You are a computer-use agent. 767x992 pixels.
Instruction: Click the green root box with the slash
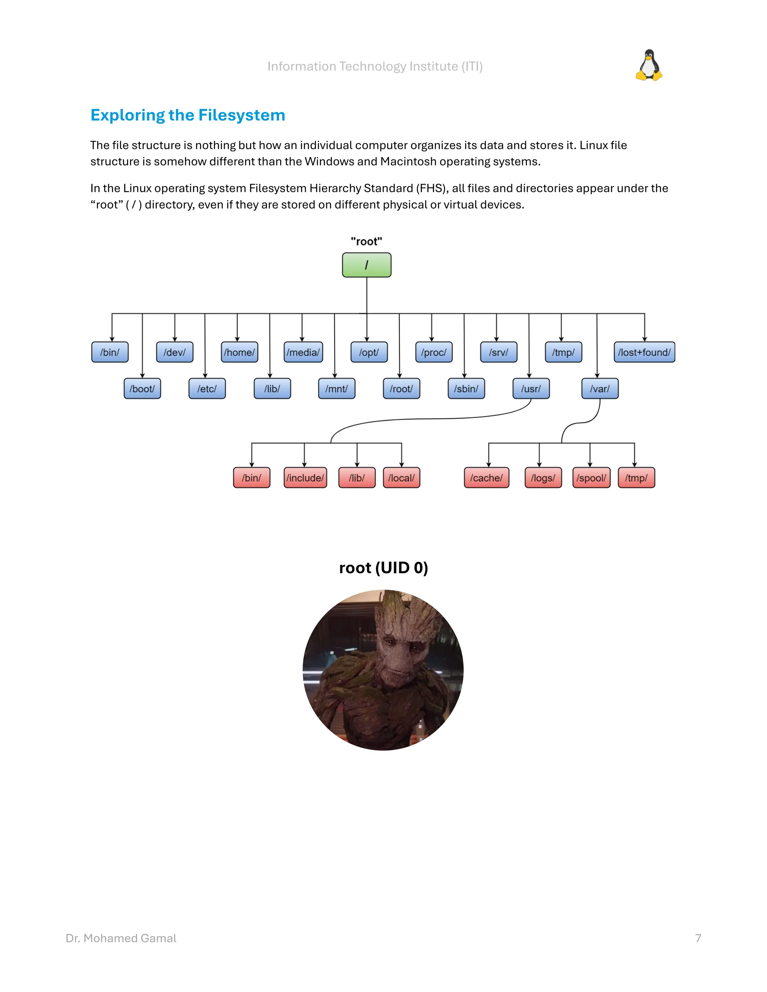pos(366,265)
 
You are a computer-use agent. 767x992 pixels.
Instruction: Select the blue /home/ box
pos(239,352)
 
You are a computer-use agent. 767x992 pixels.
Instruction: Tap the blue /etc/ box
pos(207,389)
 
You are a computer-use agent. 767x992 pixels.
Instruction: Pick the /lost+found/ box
pos(644,352)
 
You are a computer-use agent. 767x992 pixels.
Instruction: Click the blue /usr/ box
pos(531,389)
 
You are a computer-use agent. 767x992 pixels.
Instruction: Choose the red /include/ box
pos(305,478)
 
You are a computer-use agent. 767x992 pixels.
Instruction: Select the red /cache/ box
pos(486,478)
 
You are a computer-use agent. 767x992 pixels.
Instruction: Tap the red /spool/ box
pos(591,478)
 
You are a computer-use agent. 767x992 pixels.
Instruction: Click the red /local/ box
pos(401,478)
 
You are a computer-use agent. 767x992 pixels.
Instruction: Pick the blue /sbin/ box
pos(466,389)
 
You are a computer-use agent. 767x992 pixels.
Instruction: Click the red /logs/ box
pos(543,478)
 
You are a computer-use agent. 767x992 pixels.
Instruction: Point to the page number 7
pos(698,938)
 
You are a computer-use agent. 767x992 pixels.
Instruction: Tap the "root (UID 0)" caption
pos(383,568)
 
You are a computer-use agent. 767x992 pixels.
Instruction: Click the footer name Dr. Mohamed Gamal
pos(121,938)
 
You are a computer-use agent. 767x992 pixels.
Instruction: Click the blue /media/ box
pos(303,352)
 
